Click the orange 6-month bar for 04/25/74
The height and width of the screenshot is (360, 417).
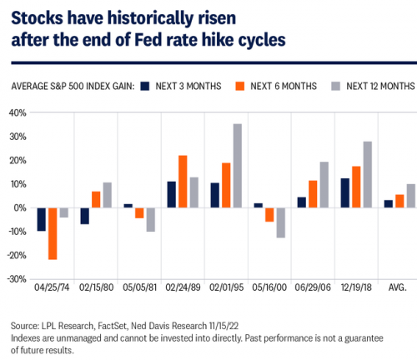(53, 233)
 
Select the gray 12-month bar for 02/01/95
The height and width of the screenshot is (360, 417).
(238, 166)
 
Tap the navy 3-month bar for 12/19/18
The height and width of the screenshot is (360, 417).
(345, 193)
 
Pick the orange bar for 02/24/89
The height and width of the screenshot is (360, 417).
(183, 182)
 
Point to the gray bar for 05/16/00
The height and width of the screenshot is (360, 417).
(281, 222)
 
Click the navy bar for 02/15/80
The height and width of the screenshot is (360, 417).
(85, 216)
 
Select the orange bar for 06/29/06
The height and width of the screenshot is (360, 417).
(313, 194)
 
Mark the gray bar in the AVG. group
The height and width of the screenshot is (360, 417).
(411, 196)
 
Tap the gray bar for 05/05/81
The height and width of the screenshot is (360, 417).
(151, 220)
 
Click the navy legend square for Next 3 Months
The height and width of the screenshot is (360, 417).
(145, 86)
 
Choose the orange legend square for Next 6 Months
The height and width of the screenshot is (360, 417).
(240, 86)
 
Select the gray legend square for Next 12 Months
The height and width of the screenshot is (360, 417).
(336, 86)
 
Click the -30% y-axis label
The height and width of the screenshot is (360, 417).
(17, 279)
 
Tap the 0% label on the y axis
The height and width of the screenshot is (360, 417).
(20, 208)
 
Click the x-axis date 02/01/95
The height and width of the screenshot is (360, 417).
(226, 287)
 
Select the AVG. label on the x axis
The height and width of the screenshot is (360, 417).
(397, 287)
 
